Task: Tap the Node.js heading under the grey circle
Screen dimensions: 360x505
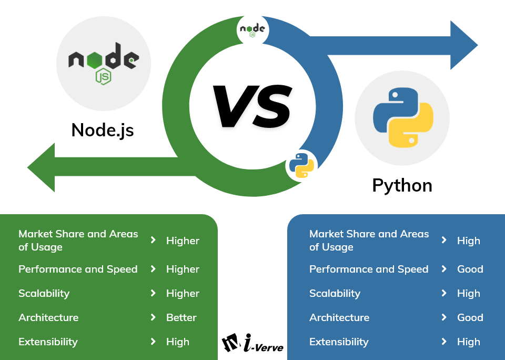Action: pos(103,129)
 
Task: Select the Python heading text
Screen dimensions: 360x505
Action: pos(402,185)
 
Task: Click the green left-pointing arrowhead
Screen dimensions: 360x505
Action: pos(42,167)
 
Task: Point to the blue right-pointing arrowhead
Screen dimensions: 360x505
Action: pos(463,45)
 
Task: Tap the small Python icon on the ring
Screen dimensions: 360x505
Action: pos(301,165)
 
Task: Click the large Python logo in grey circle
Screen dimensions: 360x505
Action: pos(402,117)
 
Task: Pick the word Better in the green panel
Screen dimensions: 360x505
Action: pos(181,317)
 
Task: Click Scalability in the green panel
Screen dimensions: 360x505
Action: pos(44,293)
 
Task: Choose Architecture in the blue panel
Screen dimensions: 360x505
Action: pos(339,317)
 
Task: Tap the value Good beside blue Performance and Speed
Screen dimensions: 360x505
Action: pos(470,269)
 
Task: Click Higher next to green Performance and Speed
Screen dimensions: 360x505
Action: pos(183,269)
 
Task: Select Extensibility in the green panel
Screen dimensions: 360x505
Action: pos(48,342)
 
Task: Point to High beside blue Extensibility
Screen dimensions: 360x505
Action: pos(468,342)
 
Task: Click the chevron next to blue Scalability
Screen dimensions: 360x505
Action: pos(444,293)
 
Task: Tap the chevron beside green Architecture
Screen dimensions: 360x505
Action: pos(153,317)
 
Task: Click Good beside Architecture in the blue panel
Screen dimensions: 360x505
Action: pos(470,317)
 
